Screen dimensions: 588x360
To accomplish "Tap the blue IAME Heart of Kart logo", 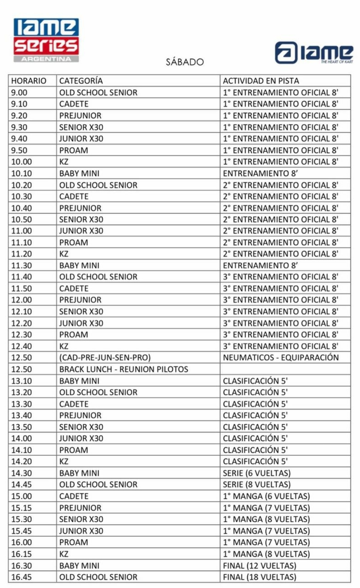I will click(x=314, y=53).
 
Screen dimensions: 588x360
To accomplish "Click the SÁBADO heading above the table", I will click(x=185, y=62).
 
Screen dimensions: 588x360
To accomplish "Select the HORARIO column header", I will click(x=29, y=81).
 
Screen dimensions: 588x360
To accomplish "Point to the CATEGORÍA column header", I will click(x=81, y=81).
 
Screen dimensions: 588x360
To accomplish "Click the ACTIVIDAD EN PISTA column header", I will click(x=261, y=81).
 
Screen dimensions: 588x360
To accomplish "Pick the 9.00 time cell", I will click(x=19, y=92).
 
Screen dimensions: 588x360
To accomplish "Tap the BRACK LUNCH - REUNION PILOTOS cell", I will click(x=123, y=369).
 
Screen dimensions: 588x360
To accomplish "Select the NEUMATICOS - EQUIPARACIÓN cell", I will click(x=281, y=358).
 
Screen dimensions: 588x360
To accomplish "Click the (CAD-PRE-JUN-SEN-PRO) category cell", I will click(x=105, y=358).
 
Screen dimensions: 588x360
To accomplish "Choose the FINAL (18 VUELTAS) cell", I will click(x=260, y=577).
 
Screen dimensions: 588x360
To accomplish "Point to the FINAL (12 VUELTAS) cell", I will click(x=260, y=566).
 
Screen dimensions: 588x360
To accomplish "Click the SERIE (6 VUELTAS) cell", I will click(x=257, y=473).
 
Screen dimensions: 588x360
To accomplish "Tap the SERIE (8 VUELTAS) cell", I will click(x=257, y=484).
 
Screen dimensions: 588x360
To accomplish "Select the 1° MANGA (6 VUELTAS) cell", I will click(x=266, y=496).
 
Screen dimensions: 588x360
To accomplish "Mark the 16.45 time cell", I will click(x=22, y=577).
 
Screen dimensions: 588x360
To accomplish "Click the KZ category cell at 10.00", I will click(x=64, y=162).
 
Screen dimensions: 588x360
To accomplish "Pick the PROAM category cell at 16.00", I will click(x=74, y=542).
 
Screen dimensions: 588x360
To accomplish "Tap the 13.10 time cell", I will click(x=22, y=381).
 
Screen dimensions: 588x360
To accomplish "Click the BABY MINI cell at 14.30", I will click(x=79, y=473).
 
